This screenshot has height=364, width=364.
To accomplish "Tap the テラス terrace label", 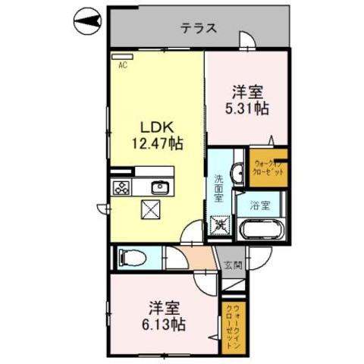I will [199, 29].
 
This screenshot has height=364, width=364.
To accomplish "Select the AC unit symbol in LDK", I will [121, 56].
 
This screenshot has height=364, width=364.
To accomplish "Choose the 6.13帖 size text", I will [165, 325].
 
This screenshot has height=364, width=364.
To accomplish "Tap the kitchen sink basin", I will [158, 187].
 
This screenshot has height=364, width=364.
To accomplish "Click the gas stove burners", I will [122, 187].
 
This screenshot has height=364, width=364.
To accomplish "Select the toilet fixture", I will [130, 258].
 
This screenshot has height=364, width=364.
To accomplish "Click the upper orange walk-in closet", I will [268, 168].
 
